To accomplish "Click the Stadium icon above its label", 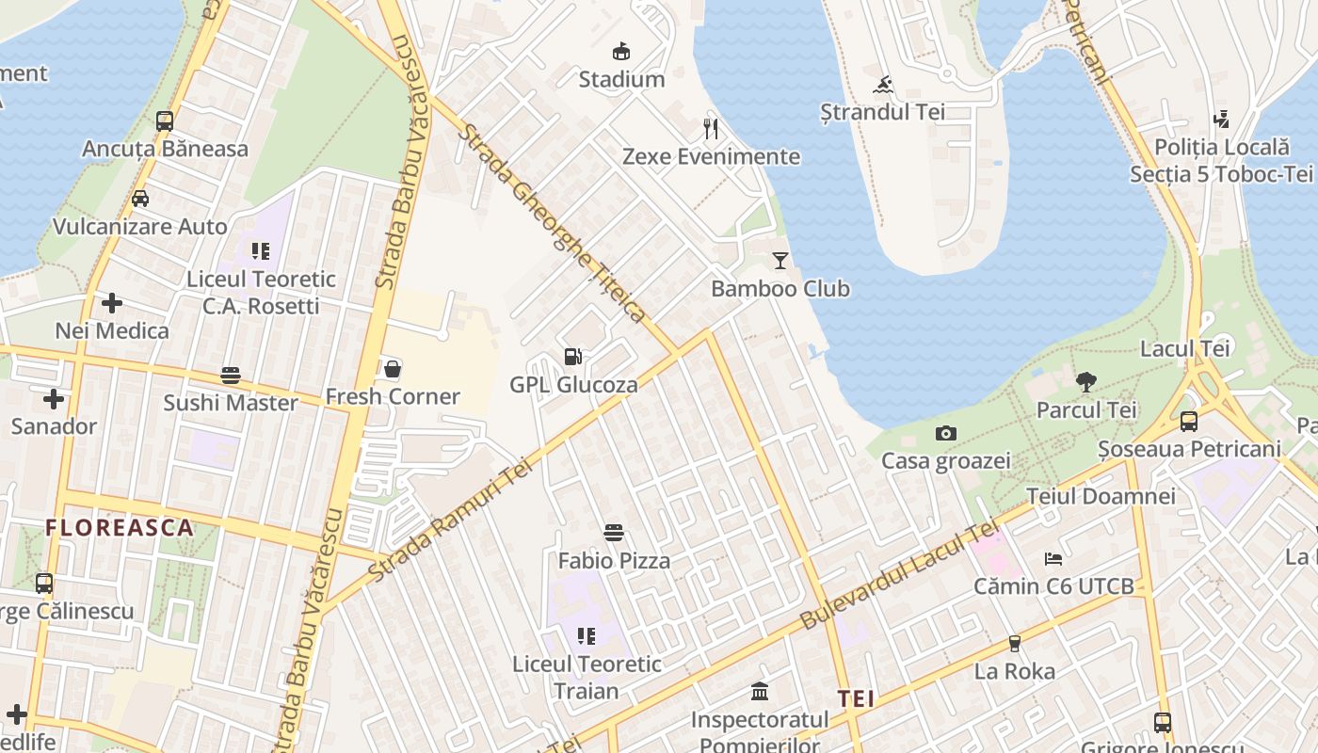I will pos(620,51).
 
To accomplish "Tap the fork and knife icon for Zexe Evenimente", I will pos(711,128).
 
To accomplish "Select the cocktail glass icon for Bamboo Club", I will pos(780,261).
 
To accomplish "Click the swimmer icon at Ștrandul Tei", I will pos(883,86).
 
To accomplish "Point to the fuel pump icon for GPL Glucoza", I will pos(572,357).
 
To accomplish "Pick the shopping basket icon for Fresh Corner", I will pos(393,368).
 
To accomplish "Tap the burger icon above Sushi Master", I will pos(231,375).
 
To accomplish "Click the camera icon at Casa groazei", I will pos(945,433).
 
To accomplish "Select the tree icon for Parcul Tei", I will pos(1086,381).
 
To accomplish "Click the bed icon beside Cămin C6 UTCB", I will pos(1053,559).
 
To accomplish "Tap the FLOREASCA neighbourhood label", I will pos(120,527).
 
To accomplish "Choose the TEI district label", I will pos(856,698).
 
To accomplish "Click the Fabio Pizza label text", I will pos(614,561).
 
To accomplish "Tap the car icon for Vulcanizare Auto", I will pos(140,199).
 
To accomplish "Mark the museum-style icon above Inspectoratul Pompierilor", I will pos(760,692).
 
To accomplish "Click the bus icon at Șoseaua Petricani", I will pos(1189,422).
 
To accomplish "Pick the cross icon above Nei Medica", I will pos(112,303).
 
